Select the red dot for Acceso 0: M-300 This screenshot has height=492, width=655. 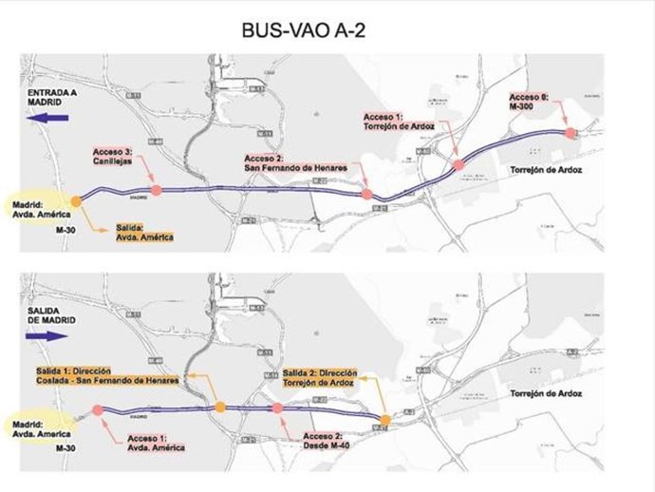click(x=571, y=134)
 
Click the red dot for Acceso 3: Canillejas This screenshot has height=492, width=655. click(x=156, y=190)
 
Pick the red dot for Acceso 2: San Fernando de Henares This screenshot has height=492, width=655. click(x=367, y=195)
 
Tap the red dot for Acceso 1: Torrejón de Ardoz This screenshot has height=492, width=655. click(x=458, y=165)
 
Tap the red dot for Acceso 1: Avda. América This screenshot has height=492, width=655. click(x=98, y=410)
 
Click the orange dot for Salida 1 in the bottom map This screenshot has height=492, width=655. click(x=220, y=407)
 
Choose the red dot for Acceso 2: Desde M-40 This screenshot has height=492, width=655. click(x=277, y=408)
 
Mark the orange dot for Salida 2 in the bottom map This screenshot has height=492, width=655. click(x=384, y=420)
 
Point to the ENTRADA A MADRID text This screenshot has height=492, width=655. click(x=45, y=98)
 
